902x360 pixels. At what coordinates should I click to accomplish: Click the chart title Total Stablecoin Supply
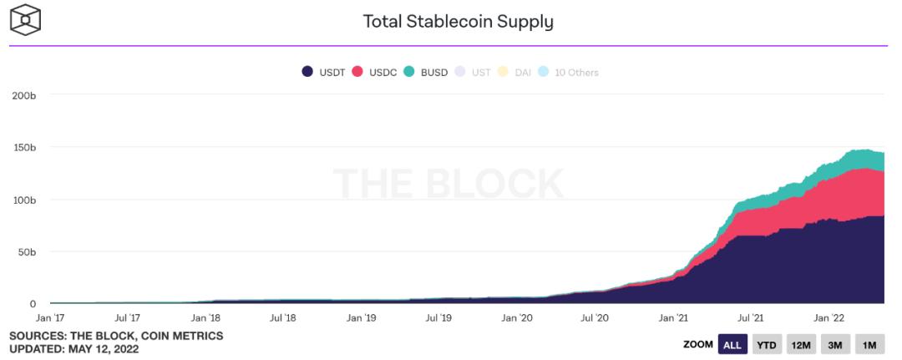tap(458, 21)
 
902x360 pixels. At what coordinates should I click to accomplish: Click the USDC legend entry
tap(377, 72)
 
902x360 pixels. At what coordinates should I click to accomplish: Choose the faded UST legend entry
tap(474, 72)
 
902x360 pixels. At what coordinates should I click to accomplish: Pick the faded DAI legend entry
tap(516, 72)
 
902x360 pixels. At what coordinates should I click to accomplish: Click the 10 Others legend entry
tap(570, 72)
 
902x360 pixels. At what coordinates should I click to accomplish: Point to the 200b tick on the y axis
tap(24, 95)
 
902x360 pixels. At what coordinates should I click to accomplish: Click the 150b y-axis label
tap(24, 148)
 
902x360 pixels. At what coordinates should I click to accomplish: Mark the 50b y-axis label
tap(27, 251)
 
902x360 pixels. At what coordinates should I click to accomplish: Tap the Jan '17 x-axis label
tap(50, 317)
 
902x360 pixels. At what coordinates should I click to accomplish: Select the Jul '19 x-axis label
tap(438, 317)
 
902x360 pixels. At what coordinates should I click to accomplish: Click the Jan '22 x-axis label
tap(829, 317)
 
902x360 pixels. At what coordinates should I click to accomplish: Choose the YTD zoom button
tap(766, 344)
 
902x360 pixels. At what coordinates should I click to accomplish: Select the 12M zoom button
tap(801, 344)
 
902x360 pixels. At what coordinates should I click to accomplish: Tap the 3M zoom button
tap(834, 344)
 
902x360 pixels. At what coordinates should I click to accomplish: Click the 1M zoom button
tap(869, 344)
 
